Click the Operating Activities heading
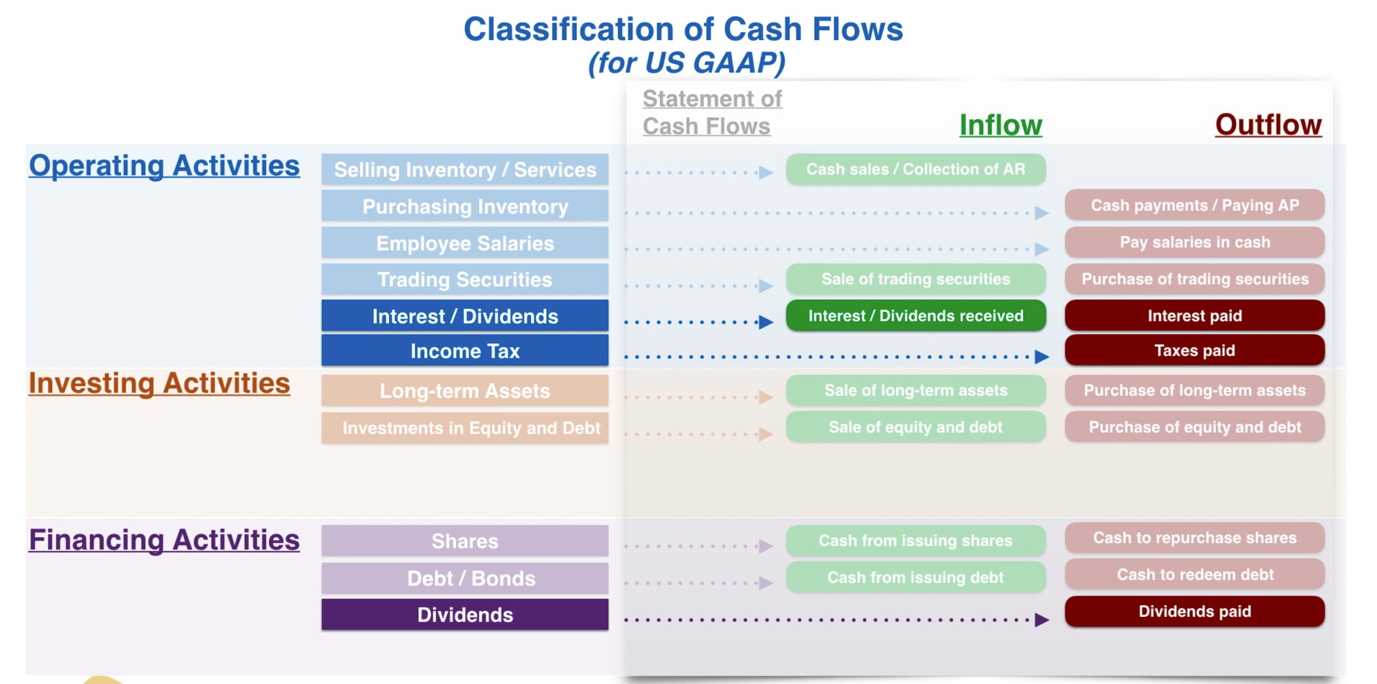click(164, 166)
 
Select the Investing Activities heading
click(159, 384)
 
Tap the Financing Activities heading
click(164, 540)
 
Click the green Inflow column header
click(1001, 125)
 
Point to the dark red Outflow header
click(1268, 125)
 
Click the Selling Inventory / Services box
click(465, 170)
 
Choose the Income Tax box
click(465, 351)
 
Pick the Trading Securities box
click(465, 280)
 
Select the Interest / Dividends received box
click(915, 316)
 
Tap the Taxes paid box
click(1194, 351)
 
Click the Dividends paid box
click(1194, 611)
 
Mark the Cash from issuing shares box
click(915, 540)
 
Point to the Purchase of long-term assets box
click(1194, 390)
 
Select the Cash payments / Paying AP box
click(1194, 205)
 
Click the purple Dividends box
click(465, 615)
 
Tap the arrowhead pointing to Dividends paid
click(1041, 620)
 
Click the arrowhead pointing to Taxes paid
click(1041, 357)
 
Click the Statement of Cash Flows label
click(712, 113)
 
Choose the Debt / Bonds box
click(465, 578)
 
